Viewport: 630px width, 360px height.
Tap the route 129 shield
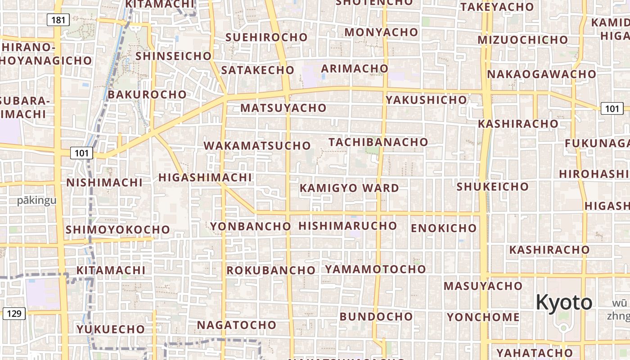(14, 314)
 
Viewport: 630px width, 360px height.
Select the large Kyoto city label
(564, 302)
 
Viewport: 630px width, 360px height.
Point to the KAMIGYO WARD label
(349, 188)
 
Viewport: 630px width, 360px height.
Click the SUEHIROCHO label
(266, 37)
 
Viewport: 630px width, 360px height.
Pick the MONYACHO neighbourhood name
(381, 32)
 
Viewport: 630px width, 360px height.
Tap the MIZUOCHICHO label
(523, 40)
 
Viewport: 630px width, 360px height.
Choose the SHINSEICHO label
(173, 56)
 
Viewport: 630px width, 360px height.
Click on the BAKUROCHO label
(147, 94)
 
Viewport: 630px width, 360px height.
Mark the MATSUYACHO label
(283, 108)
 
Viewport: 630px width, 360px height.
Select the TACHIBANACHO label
(378, 142)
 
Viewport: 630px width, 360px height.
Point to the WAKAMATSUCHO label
(257, 146)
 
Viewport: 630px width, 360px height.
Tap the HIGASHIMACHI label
(205, 178)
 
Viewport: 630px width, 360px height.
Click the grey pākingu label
(37, 201)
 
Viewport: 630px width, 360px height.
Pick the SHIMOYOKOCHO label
(117, 230)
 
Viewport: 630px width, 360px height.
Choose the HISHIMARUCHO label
(347, 226)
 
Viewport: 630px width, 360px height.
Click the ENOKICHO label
(443, 228)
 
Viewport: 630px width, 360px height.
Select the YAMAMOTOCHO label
(375, 270)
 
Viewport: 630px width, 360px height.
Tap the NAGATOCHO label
(236, 325)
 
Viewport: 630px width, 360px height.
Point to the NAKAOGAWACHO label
(541, 74)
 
